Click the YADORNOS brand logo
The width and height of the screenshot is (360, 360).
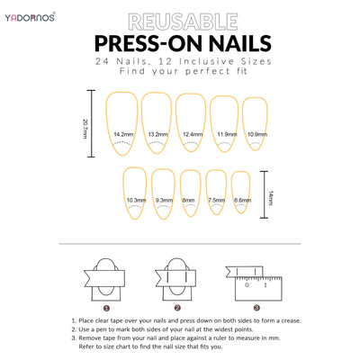pos(30,17)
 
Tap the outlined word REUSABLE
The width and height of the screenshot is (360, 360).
pos(183,22)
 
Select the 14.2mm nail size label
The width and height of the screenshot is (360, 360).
pos(123,134)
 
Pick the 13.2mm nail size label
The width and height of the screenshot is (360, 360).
pos(157,134)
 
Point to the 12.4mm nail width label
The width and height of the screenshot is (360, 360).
pos(193,134)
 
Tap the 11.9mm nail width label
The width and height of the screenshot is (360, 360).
pos(227,134)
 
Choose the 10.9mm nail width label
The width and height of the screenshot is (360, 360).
pos(257,134)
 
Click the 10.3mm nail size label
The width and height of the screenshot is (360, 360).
pos(136,200)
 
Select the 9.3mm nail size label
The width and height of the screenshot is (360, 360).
pos(164,200)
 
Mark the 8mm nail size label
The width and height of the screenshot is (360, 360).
pos(188,200)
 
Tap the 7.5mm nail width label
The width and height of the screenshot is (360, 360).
pos(217,200)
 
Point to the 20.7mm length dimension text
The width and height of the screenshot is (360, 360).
pos(85,129)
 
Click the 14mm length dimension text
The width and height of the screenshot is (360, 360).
pos(271,197)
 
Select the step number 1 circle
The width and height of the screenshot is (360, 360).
pos(106,308)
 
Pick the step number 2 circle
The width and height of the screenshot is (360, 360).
pos(177,308)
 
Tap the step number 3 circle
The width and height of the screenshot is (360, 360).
pos(256,308)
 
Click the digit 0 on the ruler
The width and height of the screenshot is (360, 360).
pos(247,284)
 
